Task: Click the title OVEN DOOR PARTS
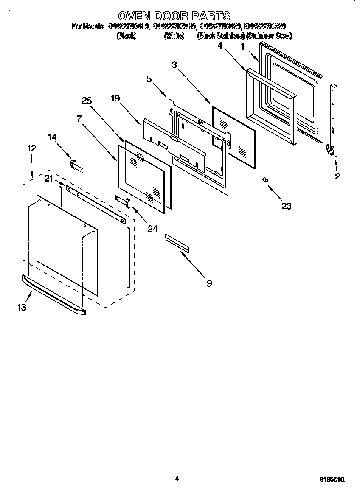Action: (x=174, y=16)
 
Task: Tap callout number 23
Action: (x=287, y=206)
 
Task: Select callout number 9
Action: (x=209, y=283)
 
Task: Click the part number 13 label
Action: (x=22, y=307)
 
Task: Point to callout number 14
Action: (x=52, y=137)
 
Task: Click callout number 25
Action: (x=87, y=101)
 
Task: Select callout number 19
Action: (x=115, y=98)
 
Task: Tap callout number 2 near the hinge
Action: (x=337, y=177)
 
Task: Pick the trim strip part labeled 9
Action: (x=178, y=242)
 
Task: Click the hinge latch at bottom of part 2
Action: (x=329, y=150)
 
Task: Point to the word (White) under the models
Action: (x=174, y=36)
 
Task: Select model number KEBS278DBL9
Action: (x=128, y=27)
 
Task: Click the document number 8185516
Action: (x=332, y=479)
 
